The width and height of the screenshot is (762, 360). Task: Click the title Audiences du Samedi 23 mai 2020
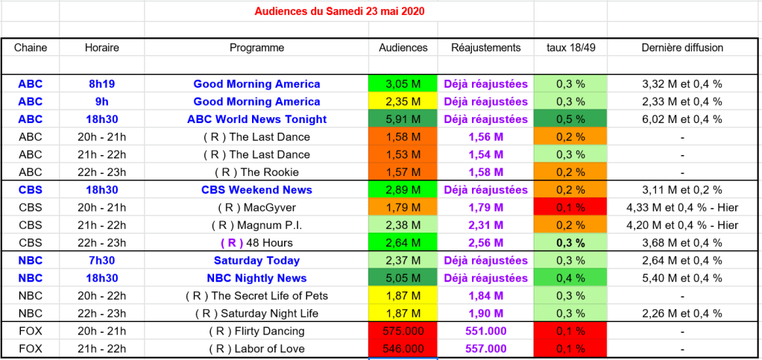point(339,12)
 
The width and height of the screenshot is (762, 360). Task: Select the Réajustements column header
point(485,48)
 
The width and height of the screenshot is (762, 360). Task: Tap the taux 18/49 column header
point(570,48)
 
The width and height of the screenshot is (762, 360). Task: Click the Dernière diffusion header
point(682,48)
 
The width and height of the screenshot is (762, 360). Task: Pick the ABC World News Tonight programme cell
point(256,119)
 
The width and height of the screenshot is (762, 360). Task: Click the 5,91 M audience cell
point(403,119)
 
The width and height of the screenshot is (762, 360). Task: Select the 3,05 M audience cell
point(403,84)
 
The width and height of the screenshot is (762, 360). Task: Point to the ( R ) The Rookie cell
point(256,172)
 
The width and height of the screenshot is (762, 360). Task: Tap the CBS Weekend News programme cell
point(256,190)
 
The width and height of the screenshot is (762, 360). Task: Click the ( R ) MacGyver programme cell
point(256,207)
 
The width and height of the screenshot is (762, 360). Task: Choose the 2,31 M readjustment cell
point(485,225)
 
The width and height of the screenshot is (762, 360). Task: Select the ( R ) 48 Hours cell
point(256,243)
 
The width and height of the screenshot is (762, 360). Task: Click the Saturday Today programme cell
point(256,261)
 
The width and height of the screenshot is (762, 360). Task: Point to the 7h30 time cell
point(101,261)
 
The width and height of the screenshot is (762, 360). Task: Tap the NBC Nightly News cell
point(256,278)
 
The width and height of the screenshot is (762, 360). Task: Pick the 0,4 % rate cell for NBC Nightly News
point(570,278)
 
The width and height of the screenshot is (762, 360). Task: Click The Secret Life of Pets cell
point(256,296)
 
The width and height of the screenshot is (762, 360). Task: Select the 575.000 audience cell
point(403,331)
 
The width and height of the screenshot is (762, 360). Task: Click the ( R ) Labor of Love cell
point(256,349)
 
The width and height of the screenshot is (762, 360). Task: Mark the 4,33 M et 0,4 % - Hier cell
point(682,207)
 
